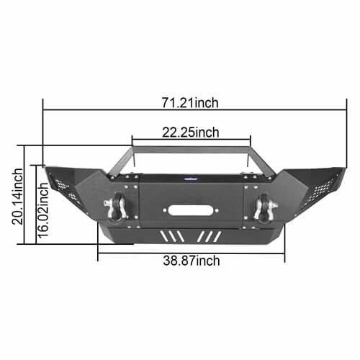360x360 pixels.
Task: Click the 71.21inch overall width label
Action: [190, 103]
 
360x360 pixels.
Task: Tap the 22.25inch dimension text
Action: [190, 132]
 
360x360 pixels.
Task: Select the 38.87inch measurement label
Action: [191, 261]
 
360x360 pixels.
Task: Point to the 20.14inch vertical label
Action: [18, 197]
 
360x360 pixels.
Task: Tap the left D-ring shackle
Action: [117, 207]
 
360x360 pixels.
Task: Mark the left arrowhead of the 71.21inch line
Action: [45, 110]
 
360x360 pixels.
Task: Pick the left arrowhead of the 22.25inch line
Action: [133, 139]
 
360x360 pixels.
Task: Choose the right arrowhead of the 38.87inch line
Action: [284, 253]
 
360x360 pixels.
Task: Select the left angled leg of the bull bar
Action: [122, 160]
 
